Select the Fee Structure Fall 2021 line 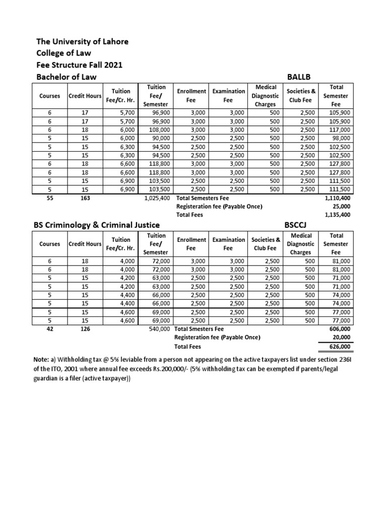tap(80, 65)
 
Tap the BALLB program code tap(300, 77)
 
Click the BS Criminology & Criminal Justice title tap(97, 225)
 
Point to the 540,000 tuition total tap(157, 329)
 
